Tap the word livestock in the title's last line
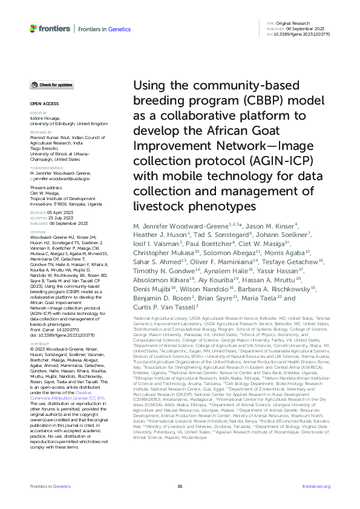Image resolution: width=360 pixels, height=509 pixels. [x=159, y=207]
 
